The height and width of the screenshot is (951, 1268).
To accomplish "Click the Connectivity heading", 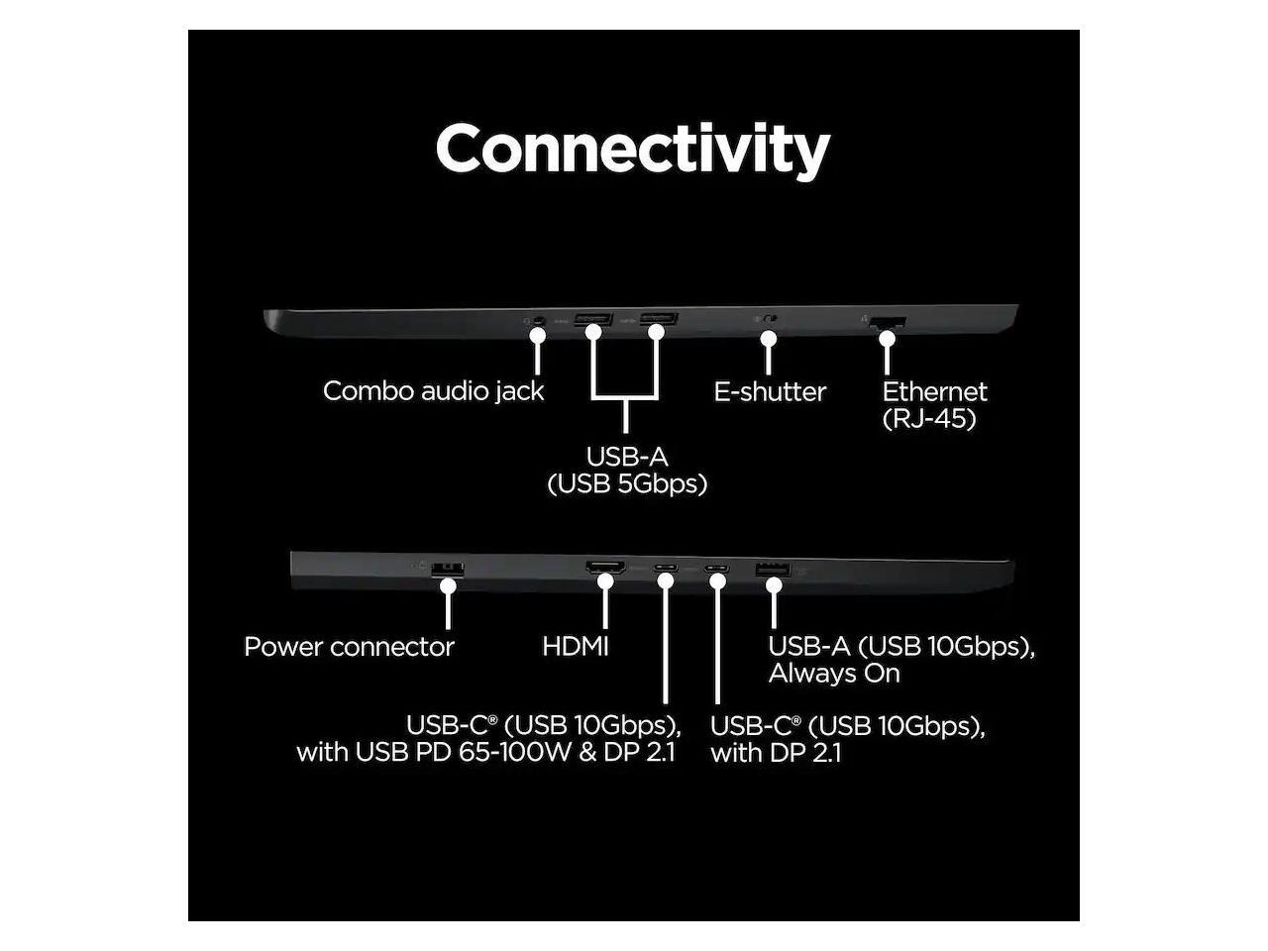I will tap(632, 150).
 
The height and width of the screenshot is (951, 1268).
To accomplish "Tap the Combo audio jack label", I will tap(433, 391).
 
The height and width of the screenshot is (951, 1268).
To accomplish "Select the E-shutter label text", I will tap(770, 392).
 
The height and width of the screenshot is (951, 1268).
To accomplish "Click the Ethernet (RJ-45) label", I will tap(934, 404).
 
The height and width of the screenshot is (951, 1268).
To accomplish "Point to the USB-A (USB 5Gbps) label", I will tap(627, 471).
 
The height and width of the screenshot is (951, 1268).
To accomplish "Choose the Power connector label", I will tap(349, 647).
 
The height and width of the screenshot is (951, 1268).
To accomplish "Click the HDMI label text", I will tap(576, 647).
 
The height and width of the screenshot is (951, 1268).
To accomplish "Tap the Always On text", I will tap(834, 674).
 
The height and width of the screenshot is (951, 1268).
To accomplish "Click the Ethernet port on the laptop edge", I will tap(889, 321).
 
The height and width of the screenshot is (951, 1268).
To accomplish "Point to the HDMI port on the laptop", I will tap(605, 569).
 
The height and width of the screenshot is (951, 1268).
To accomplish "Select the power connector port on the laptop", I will tap(449, 568).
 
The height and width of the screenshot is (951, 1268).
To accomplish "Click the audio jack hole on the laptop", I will tap(538, 321).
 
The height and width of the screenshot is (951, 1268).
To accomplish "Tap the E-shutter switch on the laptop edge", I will tap(768, 320).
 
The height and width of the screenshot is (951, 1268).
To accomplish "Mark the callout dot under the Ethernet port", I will tap(888, 338).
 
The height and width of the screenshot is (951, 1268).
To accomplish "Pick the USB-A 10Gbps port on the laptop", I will tap(774, 570).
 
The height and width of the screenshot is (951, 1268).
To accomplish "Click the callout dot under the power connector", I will tap(449, 585).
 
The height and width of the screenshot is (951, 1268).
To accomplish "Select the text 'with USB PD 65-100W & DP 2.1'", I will tap(485, 752).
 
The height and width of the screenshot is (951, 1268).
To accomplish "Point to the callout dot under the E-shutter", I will tap(768, 339).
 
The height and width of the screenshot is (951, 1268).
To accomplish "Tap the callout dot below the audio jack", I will tap(538, 337).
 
